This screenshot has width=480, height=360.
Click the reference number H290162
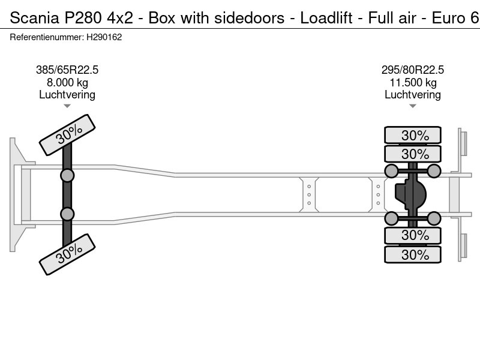105,37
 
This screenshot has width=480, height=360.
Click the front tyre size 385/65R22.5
67,70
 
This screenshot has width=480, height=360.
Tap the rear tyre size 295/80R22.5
413,70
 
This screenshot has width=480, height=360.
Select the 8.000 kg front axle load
67,83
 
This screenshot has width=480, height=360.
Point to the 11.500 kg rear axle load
413,83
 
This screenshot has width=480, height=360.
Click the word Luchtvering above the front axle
67,95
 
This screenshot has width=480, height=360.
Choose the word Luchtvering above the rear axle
413,95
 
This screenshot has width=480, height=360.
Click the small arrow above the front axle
67,106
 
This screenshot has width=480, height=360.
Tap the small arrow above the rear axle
413,106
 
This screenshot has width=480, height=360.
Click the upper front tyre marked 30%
67,135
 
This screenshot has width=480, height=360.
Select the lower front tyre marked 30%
67,254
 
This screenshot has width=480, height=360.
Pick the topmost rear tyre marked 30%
413,135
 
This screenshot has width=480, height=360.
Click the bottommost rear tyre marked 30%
413,255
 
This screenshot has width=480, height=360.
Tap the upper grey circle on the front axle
67,175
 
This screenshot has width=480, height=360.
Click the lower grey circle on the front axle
67,214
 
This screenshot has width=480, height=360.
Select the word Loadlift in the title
325,18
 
